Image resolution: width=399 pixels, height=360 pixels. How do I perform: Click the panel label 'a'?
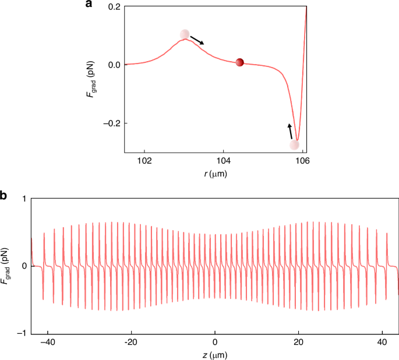click(x=89, y=5)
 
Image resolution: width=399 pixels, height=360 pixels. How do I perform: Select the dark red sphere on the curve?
click(x=239, y=62)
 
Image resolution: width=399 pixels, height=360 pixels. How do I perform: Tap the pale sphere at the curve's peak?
click(x=185, y=35)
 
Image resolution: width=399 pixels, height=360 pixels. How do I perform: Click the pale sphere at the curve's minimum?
click(x=295, y=144)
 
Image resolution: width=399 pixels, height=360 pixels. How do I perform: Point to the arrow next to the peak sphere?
click(x=197, y=40)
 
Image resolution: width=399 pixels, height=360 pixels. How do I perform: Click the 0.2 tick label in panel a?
click(x=114, y=6)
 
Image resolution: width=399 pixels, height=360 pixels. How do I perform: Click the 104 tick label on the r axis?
click(x=224, y=161)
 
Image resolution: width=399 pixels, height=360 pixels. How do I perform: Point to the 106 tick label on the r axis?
click(x=302, y=161)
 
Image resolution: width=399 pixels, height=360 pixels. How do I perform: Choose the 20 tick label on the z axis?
click(x=298, y=341)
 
